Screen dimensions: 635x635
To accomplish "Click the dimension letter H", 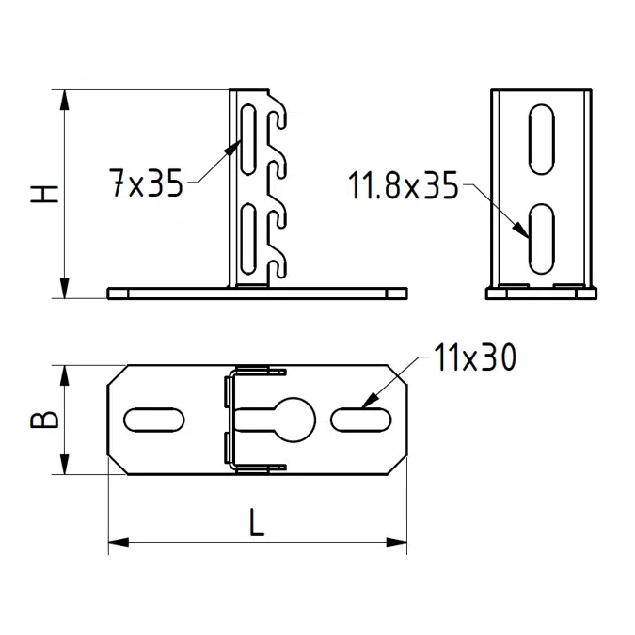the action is [44, 194].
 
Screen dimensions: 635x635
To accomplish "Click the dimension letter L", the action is [256, 522].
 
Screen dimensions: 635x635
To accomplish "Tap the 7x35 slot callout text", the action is [146, 183].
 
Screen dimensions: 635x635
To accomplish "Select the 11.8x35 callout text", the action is [403, 185].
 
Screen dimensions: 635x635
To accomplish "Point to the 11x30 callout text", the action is [475, 357].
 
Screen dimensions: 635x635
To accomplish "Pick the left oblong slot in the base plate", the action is [154, 420].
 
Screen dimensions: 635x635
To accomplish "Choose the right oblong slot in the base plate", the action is [361, 420].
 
